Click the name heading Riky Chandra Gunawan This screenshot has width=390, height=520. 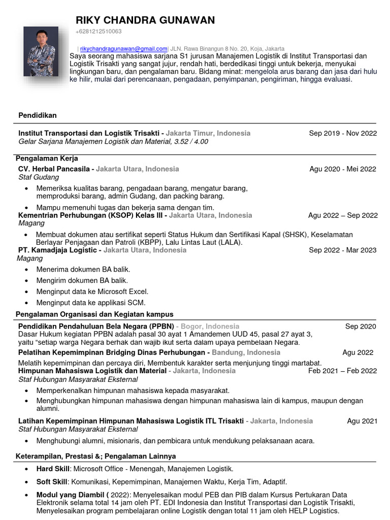pyautogui.click(x=145, y=20)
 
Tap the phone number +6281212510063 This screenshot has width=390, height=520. pyautogui.click(x=99, y=31)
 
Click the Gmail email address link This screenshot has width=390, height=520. pyautogui.click(x=123, y=48)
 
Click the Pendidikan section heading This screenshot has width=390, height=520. pyautogui.click(x=38, y=115)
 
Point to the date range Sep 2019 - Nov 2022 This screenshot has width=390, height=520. pyautogui.click(x=343, y=133)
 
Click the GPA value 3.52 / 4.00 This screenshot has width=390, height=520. pyautogui.click(x=191, y=142)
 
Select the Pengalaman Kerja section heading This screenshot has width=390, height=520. pyautogui.click(x=47, y=158)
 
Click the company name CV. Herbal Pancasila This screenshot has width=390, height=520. pyautogui.click(x=54, y=169)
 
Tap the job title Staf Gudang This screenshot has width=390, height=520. pyautogui.click(x=39, y=177)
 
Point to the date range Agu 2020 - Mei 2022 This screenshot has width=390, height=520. pyautogui.click(x=343, y=169)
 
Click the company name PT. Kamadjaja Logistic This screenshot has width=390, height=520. pyautogui.click(x=57, y=250)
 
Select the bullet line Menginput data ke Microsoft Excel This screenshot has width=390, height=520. pyautogui.click(x=92, y=291)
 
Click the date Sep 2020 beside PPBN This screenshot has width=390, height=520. pyautogui.click(x=361, y=326)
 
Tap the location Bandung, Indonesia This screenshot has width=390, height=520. pyautogui.click(x=246, y=352)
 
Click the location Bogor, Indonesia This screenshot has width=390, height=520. pyautogui.click(x=210, y=326)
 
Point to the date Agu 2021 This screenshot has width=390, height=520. pyautogui.click(x=362, y=421)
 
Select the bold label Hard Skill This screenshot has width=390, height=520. pyautogui.click(x=53, y=469)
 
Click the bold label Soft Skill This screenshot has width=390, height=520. pyautogui.click(x=52, y=481)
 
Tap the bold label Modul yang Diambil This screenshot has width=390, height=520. pyautogui.click(x=71, y=495)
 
